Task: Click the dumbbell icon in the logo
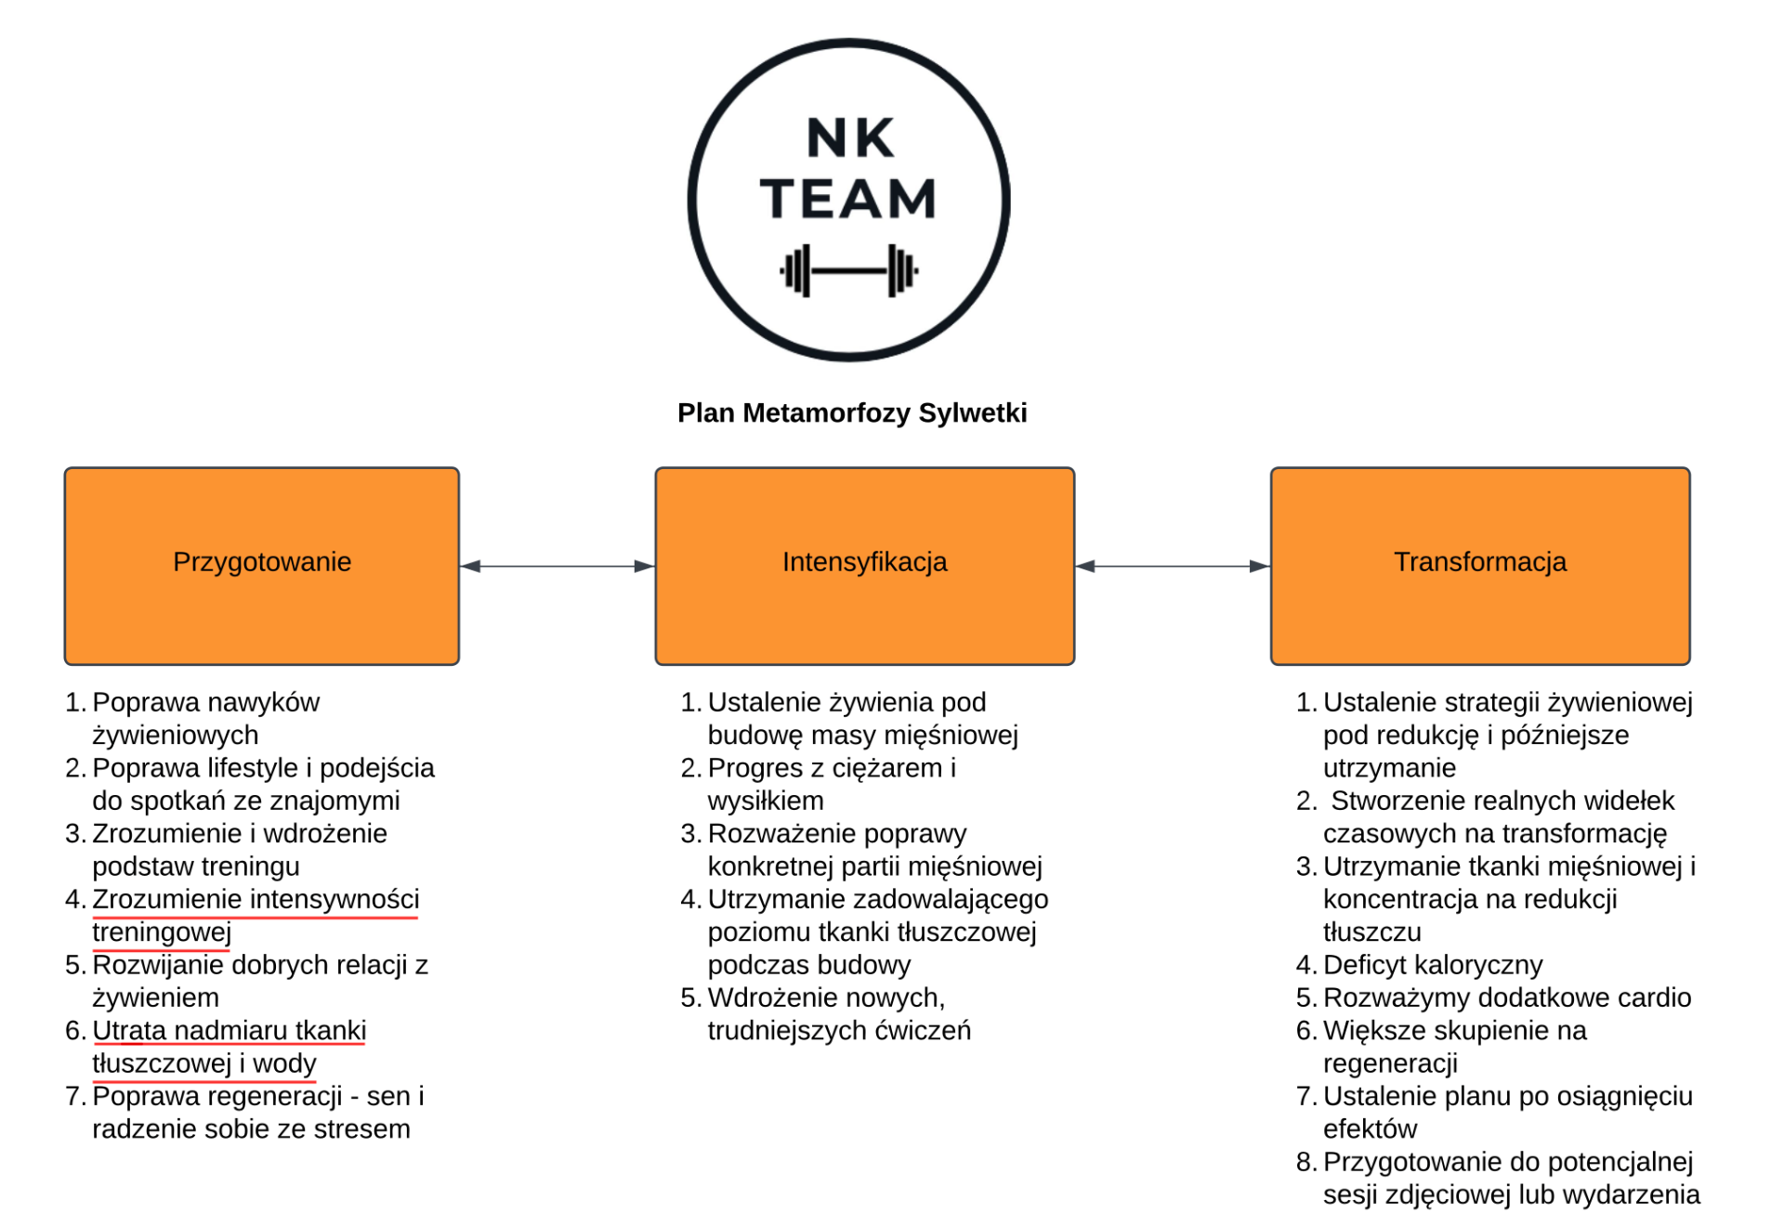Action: click(848, 271)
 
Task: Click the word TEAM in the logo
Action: click(847, 199)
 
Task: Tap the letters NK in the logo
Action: click(850, 138)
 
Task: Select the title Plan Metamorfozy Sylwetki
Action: click(852, 413)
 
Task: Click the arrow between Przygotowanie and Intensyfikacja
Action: click(557, 566)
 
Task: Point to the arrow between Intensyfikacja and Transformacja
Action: click(1173, 566)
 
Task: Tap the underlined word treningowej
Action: click(162, 932)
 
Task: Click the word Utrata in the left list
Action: click(129, 1030)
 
